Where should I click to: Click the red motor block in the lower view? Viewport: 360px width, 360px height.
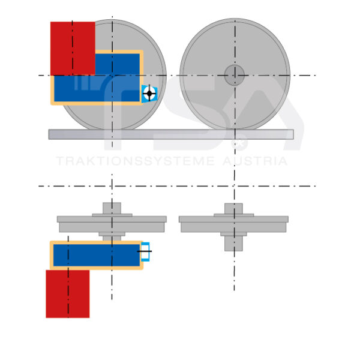pos(67,293)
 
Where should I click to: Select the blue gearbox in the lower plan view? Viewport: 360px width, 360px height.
pos(96,255)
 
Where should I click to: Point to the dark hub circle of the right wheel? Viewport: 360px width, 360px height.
pos(235,75)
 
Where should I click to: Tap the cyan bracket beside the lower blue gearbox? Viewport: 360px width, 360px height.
pos(145,251)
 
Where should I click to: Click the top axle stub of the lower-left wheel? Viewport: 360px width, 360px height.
pos(112,208)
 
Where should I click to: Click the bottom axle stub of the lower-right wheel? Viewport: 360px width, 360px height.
pos(233,242)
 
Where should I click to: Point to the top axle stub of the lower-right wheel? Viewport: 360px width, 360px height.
pos(233,208)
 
